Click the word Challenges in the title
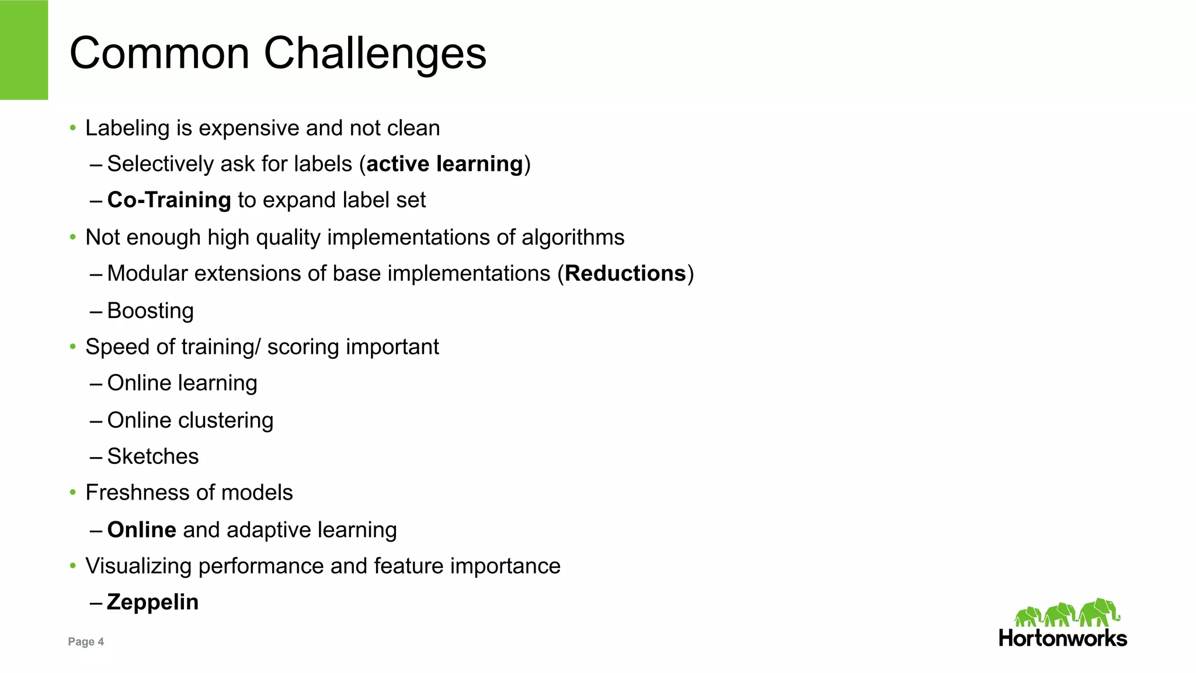[375, 54]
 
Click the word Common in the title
[159, 54]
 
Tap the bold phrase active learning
[444, 164]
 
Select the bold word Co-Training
[169, 200]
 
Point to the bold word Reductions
[625, 274]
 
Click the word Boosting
[150, 311]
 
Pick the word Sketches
[153, 456]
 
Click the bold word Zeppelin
[152, 602]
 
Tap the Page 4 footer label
[86, 641]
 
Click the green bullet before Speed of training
[73, 347]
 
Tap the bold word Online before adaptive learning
[141, 530]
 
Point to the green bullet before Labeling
[73, 128]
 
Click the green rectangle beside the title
[24, 50]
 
